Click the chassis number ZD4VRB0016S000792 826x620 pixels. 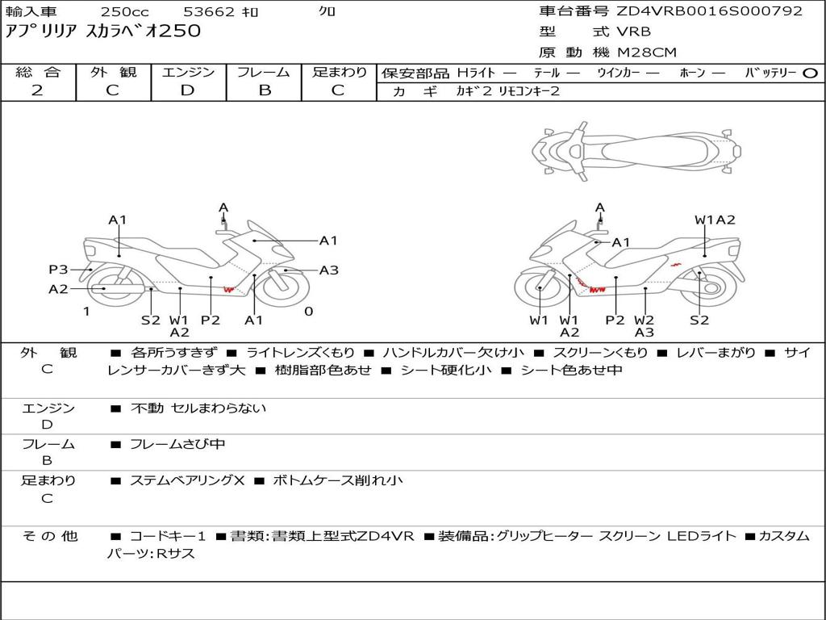[710, 11]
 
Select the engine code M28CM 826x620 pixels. [647, 52]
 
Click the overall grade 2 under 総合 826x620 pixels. [37, 90]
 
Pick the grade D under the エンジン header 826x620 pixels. [187, 90]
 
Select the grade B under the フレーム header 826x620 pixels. [264, 90]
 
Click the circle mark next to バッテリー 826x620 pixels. [810, 73]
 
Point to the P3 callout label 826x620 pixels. [58, 270]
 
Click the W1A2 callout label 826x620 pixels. [715, 220]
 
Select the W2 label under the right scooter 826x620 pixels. [644, 320]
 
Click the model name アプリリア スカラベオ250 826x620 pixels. [103, 32]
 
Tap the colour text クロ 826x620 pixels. [327, 12]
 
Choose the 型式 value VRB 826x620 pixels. [633, 32]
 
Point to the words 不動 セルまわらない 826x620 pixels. [198, 408]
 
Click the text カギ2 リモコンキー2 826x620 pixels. [507, 92]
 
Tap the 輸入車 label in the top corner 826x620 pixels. [30, 12]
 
